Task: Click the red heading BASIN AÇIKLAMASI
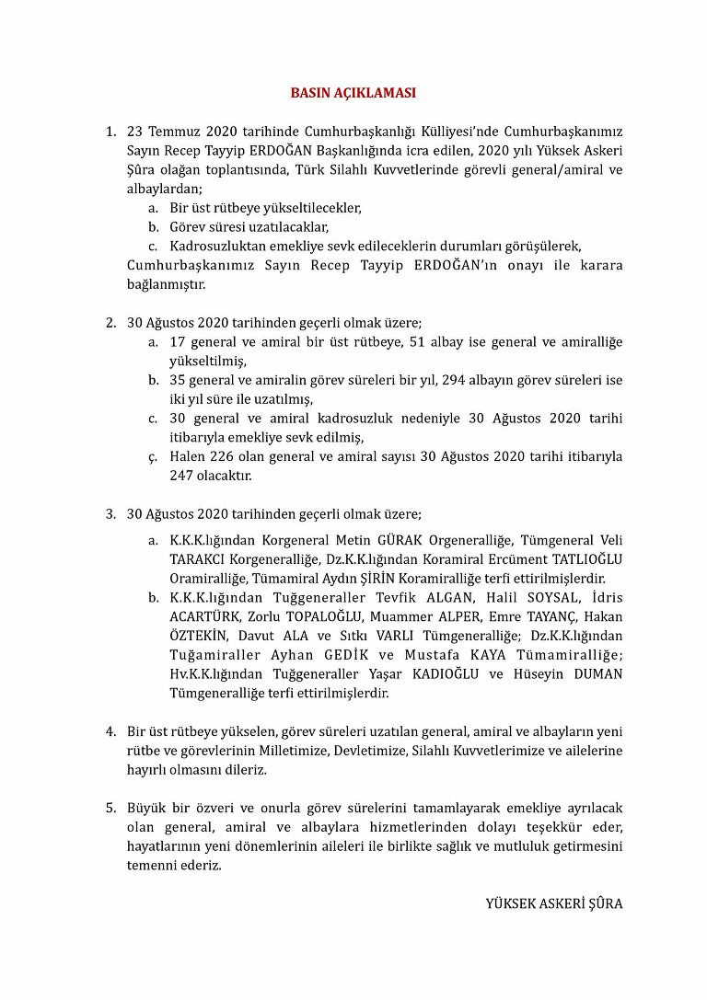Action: (353, 93)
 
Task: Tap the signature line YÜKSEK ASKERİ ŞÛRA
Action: (553, 903)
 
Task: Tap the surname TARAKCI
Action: (195, 559)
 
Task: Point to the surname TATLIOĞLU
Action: (586, 559)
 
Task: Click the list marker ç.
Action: (153, 457)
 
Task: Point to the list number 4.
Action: (110, 731)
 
